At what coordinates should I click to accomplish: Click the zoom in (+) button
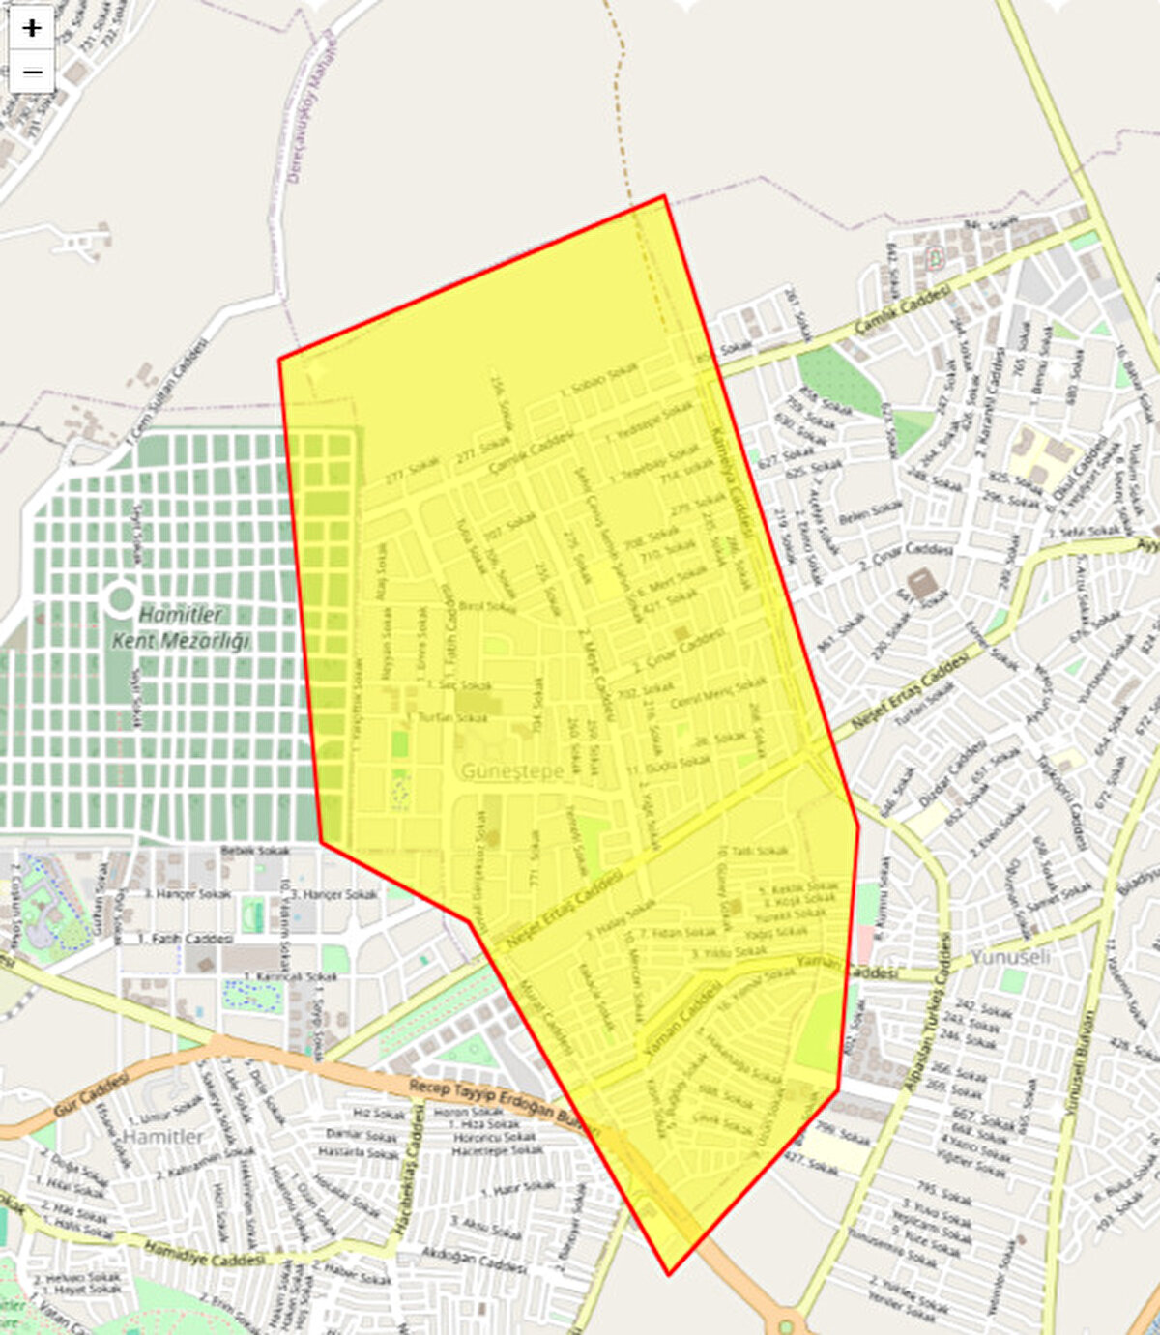click(32, 28)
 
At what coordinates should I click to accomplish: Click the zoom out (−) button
click(32, 72)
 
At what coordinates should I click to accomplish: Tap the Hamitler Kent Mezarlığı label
click(181, 627)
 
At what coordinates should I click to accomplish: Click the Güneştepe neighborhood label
click(511, 771)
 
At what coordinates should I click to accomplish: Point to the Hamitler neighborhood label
click(163, 1136)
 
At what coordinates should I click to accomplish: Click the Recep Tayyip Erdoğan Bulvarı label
click(503, 1102)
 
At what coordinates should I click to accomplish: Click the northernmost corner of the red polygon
click(664, 196)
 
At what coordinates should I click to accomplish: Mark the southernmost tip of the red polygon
click(669, 1274)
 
